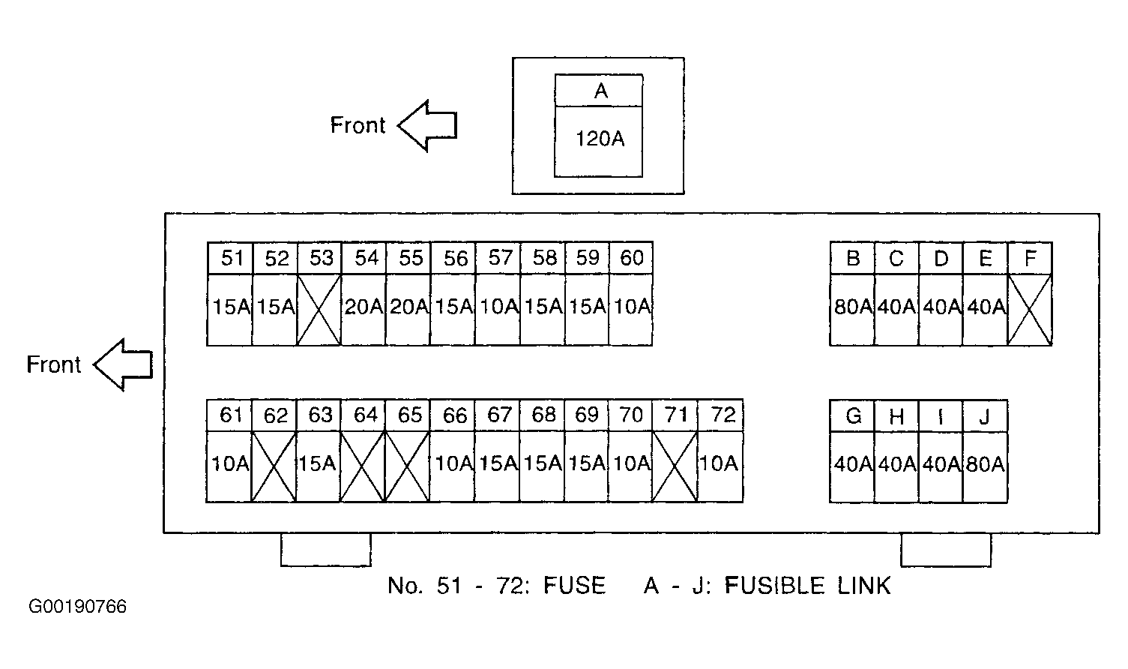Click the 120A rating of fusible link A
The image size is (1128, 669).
[600, 139]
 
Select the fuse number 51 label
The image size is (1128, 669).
[232, 258]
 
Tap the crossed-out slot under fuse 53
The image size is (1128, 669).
[319, 310]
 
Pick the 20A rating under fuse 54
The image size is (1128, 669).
[364, 306]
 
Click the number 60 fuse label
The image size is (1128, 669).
[632, 258]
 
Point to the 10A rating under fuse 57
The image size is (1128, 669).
[499, 306]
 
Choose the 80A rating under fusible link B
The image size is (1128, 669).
[853, 306]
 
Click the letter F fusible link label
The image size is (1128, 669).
[1031, 259]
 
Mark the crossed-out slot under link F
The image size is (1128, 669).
[1030, 310]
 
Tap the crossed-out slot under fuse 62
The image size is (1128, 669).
[274, 466]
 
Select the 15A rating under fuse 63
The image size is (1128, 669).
[317, 463]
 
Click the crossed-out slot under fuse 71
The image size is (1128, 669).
[675, 466]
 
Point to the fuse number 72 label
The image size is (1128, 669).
[723, 415]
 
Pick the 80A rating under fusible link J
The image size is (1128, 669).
[986, 464]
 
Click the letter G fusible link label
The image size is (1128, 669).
[853, 415]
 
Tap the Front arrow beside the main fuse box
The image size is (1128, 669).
[123, 364]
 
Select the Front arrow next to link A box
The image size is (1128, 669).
[427, 125]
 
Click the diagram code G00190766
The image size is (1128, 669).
[77, 607]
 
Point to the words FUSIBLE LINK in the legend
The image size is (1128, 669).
[808, 585]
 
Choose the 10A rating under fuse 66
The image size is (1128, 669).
[453, 463]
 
